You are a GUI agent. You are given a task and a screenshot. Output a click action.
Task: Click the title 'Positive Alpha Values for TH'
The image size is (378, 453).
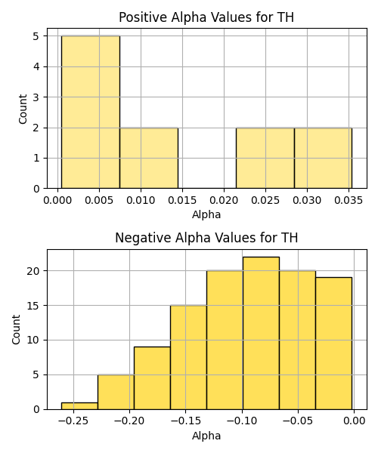pos(206,17)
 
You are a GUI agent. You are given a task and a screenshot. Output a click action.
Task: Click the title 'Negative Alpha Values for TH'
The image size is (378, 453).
pos(206,238)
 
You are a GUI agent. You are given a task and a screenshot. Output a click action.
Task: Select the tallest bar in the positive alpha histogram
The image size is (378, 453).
pos(91,112)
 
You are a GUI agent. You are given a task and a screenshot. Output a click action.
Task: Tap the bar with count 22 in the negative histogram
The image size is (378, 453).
pos(261,333)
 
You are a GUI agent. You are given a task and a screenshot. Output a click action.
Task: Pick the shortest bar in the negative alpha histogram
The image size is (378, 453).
pos(79,406)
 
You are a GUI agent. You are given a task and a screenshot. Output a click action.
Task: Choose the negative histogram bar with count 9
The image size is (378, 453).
pos(152,378)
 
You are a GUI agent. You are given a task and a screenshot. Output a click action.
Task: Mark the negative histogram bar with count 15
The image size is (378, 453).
pos(188,357)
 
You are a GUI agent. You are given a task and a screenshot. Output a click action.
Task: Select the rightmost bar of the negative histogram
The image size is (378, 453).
pos(333,344)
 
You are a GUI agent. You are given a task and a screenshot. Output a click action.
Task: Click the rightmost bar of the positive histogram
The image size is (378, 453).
pos(324,158)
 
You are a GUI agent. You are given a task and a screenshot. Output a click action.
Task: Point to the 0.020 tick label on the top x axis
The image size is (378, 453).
pos(224,200)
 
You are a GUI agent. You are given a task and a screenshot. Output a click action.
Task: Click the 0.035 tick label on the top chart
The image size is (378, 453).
pos(349,200)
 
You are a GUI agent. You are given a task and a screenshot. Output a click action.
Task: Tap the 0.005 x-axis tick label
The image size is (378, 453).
pos(99,200)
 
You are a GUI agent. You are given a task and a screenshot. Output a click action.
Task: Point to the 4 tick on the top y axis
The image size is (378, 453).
pos(36,66)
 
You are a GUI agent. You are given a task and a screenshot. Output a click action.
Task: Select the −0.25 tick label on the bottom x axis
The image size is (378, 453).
pos(73,421)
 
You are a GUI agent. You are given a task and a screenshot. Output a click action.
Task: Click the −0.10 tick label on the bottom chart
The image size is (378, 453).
pos(242,421)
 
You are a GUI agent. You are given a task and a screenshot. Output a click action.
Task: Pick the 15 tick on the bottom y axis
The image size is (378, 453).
pos(33,305)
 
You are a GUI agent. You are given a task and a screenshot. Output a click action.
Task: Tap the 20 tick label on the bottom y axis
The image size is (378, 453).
pos(33,271)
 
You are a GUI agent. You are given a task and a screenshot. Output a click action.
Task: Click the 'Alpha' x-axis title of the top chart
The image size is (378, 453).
pos(206,214)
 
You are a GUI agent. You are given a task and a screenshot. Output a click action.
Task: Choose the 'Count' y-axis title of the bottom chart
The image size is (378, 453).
pos(16,329)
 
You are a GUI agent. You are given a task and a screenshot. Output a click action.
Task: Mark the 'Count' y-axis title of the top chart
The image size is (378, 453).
pos(23,109)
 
